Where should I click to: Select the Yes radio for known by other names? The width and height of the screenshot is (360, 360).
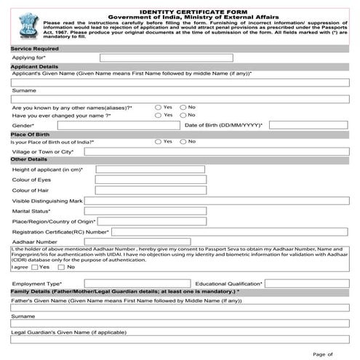coord(158,107)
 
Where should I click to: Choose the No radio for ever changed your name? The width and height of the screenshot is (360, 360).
coord(183,115)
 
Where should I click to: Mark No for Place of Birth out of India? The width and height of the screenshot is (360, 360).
coord(183,141)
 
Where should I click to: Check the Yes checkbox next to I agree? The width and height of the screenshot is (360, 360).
coord(35,267)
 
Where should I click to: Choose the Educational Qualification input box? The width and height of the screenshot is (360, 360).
coord(309,283)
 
